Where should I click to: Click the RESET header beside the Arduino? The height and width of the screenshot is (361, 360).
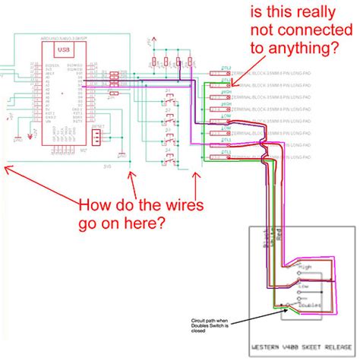(x=96, y=138)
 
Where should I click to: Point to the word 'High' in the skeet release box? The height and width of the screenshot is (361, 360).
(x=305, y=268)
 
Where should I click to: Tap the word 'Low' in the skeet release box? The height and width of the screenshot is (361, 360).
(x=303, y=287)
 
